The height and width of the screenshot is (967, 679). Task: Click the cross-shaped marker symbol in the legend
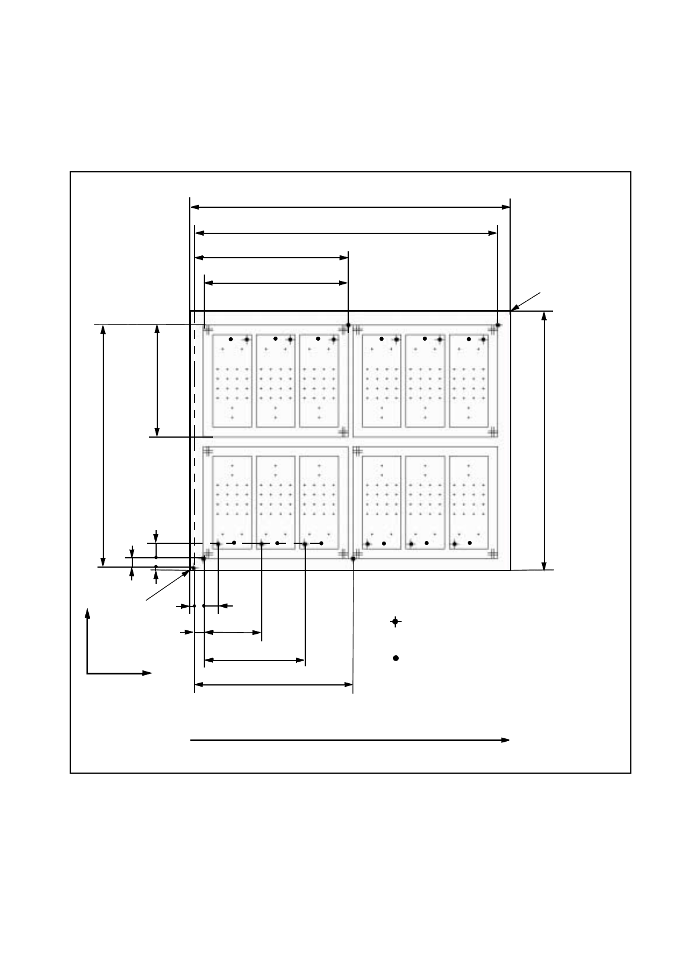click(395, 622)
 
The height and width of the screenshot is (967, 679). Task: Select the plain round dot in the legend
click(396, 658)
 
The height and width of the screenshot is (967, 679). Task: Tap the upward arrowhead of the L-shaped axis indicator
click(88, 613)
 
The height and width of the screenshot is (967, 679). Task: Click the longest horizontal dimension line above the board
click(350, 207)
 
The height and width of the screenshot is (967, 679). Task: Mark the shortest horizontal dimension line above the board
click(276, 283)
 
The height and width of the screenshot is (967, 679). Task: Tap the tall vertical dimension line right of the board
click(544, 441)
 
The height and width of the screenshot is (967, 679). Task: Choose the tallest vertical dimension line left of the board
click(103, 445)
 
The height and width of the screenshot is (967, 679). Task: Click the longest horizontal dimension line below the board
click(273, 685)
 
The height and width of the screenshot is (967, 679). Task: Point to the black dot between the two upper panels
click(348, 324)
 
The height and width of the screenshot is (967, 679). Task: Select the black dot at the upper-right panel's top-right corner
click(498, 325)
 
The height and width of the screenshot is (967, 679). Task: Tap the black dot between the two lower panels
click(353, 559)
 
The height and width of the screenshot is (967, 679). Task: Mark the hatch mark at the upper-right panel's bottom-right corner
click(493, 431)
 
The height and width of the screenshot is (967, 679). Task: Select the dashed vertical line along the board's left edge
click(194, 441)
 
